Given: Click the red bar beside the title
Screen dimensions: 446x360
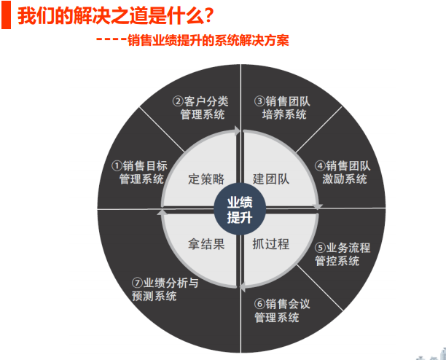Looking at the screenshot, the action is click(x=6, y=15).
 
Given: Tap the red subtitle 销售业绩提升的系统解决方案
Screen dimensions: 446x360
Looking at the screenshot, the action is click(x=208, y=40).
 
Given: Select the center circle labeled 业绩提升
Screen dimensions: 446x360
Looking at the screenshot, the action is click(x=240, y=209).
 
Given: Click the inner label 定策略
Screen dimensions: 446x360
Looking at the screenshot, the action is click(x=206, y=179).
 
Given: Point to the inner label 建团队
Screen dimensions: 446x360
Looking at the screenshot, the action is click(x=271, y=179).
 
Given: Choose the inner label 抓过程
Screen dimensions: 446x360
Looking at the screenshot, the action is click(x=271, y=244).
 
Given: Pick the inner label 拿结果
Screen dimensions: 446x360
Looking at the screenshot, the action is click(x=206, y=244).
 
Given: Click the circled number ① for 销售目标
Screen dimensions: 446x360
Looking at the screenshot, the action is click(x=117, y=165).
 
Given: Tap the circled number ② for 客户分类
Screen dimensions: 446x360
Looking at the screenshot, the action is click(x=178, y=101).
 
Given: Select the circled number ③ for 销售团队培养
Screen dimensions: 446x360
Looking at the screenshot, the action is click(x=259, y=101).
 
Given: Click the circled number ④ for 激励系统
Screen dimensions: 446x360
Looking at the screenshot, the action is click(x=320, y=165).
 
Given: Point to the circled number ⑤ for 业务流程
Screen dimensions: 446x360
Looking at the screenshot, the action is click(x=320, y=248).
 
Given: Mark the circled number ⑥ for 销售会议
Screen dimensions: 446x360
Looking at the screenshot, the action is click(x=259, y=304).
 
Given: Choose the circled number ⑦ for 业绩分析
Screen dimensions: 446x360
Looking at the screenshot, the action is click(x=137, y=283).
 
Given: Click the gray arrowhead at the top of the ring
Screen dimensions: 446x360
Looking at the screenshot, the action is click(x=238, y=131).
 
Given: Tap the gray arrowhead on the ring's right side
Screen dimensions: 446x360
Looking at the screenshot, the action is click(x=318, y=207).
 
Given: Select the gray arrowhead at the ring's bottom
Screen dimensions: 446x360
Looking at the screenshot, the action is click(x=243, y=287).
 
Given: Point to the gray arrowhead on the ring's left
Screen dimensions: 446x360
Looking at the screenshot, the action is click(x=162, y=212).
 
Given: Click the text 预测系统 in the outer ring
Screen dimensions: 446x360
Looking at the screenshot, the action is click(x=154, y=296).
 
